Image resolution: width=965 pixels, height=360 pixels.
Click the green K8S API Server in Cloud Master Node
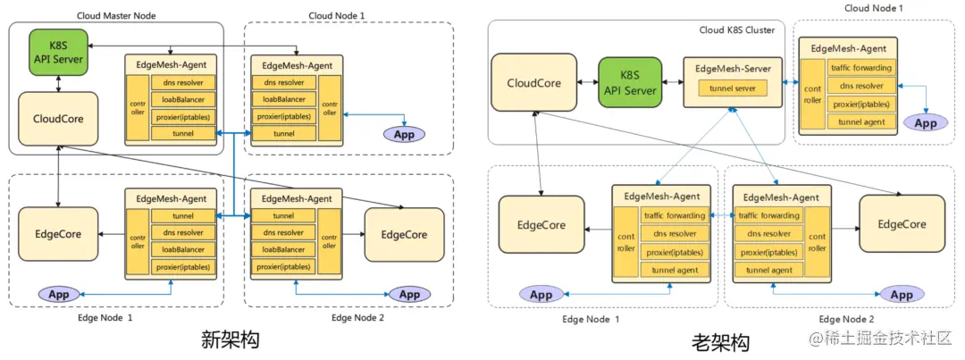(x=56, y=53)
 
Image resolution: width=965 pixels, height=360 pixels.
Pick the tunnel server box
(x=732, y=88)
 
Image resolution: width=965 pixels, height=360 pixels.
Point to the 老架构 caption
(x=720, y=341)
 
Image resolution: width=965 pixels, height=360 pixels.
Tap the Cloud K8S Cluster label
(x=735, y=29)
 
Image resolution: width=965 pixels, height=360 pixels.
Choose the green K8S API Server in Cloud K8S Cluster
(x=630, y=83)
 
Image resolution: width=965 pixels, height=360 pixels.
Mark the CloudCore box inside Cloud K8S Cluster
(x=533, y=83)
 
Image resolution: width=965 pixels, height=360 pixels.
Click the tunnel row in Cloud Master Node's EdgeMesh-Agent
(x=184, y=133)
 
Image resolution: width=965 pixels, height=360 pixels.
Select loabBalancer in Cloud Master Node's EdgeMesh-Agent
(x=184, y=99)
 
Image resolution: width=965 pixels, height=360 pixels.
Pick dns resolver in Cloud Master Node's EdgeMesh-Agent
(x=184, y=82)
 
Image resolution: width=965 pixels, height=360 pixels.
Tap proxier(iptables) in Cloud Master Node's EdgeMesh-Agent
(x=184, y=116)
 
